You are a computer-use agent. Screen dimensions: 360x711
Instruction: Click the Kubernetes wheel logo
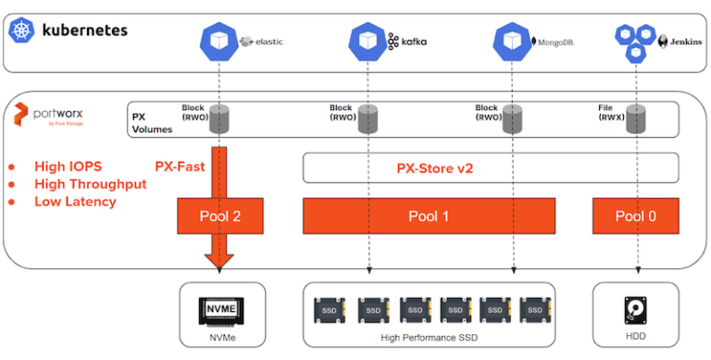coord(20,30)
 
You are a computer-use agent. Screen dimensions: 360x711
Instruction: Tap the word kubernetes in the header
coord(82,30)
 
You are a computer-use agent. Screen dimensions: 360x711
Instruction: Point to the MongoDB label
coord(555,42)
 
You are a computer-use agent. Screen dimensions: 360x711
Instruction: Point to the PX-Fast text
coord(180,168)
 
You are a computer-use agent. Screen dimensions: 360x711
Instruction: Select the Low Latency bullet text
coord(75,201)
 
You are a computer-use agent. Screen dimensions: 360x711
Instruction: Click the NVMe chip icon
coord(220,309)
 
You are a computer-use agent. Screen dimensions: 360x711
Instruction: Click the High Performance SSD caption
coord(428,338)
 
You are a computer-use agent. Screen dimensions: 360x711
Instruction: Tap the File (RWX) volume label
coord(612,113)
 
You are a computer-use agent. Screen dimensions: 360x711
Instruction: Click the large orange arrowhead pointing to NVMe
coord(220,260)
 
